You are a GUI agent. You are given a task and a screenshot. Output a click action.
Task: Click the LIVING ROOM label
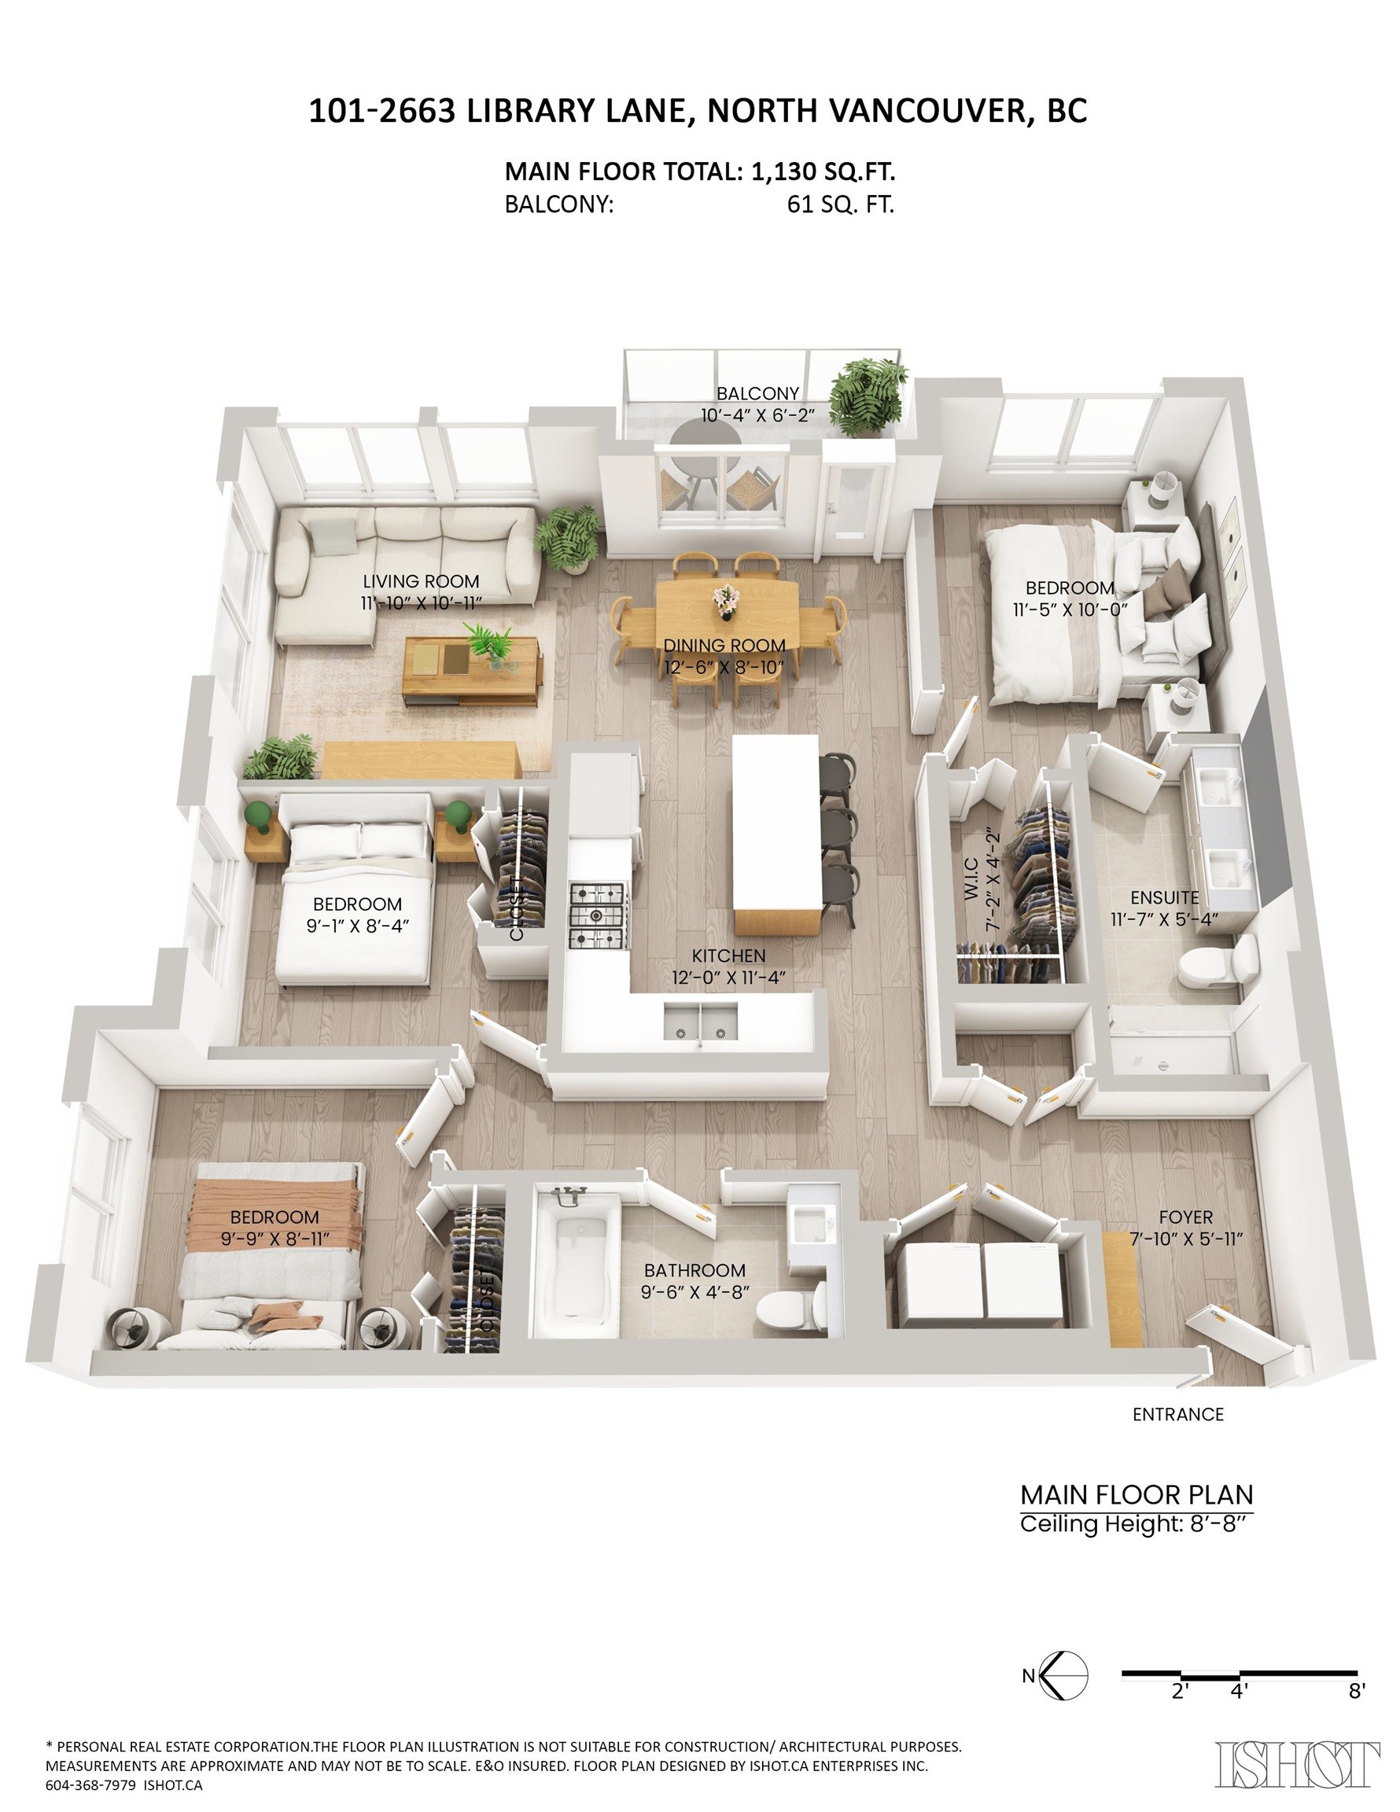[x=421, y=582]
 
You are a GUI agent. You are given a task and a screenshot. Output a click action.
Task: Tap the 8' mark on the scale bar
[x=1356, y=1691]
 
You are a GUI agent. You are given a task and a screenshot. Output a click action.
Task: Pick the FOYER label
[x=1186, y=1217]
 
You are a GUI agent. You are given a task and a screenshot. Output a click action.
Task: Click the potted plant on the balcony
[x=868, y=396]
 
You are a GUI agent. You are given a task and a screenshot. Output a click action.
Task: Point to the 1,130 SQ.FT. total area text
[x=823, y=171]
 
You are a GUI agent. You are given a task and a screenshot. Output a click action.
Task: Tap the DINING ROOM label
[x=724, y=646]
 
